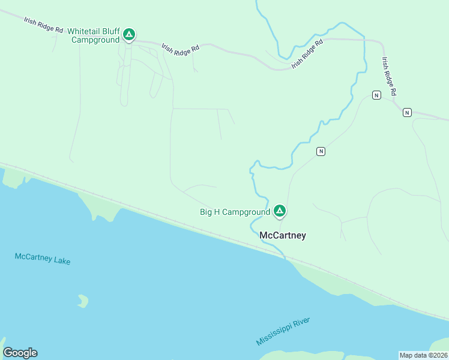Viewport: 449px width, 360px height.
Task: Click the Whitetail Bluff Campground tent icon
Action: tap(128, 35)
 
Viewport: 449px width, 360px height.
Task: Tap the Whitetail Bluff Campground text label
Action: tap(95, 35)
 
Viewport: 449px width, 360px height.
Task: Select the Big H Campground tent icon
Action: tap(279, 211)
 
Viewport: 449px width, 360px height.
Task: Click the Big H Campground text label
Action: tap(235, 212)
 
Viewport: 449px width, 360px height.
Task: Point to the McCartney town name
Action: tap(282, 235)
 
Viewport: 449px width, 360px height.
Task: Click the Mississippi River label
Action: tap(283, 331)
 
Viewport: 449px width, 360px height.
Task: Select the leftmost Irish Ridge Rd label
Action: tap(43, 25)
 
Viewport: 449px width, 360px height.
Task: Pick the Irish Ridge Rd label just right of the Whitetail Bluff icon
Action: tap(180, 49)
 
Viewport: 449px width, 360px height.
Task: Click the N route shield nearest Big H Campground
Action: tap(321, 151)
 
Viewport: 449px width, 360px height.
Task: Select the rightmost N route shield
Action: tap(407, 112)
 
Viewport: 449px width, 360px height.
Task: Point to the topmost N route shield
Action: tap(376, 95)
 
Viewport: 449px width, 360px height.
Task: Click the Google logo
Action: tap(20, 353)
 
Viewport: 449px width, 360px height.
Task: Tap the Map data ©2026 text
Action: tap(423, 355)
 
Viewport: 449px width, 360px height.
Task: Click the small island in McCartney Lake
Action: tap(83, 301)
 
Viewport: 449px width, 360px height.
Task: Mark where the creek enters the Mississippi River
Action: tap(285, 257)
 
